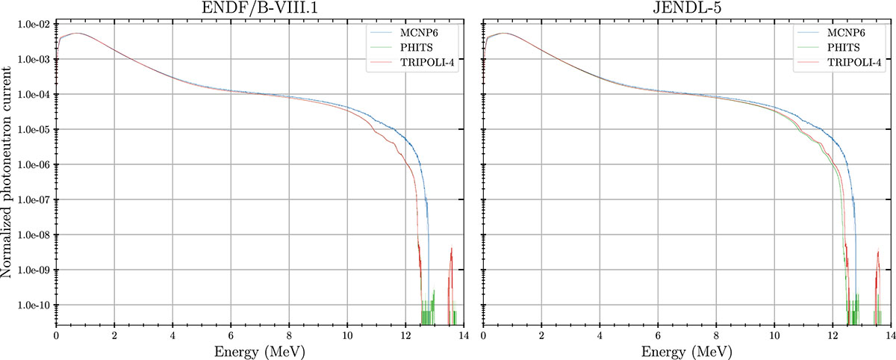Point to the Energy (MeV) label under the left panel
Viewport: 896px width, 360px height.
[x=259, y=350]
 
